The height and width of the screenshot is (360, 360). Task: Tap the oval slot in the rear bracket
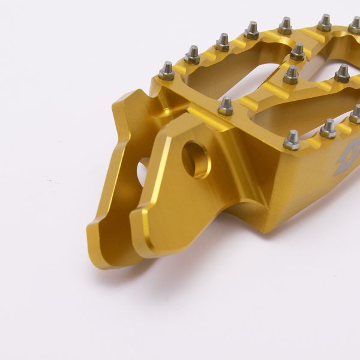click(144, 171)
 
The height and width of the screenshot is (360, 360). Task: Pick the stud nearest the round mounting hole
click(226, 106)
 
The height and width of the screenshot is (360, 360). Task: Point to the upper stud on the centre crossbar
click(298, 52)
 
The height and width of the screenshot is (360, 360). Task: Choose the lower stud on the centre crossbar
click(291, 74)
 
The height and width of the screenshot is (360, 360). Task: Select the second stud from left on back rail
click(192, 55)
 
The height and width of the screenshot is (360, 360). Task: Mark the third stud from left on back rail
click(223, 41)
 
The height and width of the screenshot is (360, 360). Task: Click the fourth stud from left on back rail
click(251, 30)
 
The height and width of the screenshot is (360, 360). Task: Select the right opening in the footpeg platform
click(300, 108)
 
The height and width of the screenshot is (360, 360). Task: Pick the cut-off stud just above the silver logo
click(355, 114)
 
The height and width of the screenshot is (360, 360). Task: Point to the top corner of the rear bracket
click(139, 94)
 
